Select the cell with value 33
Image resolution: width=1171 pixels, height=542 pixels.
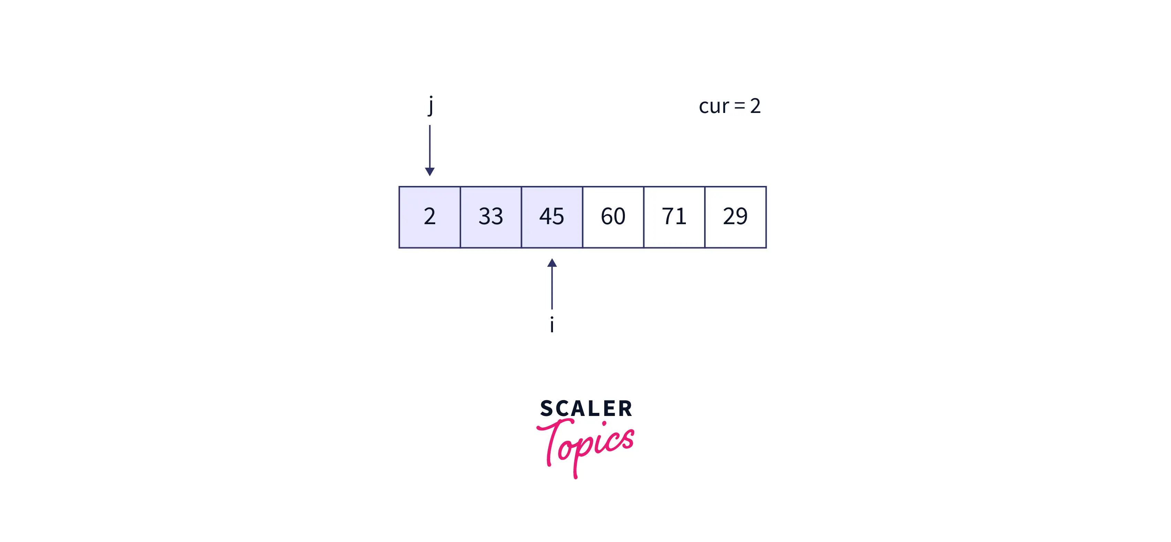click(x=491, y=217)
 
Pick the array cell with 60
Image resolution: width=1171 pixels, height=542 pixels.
click(x=613, y=217)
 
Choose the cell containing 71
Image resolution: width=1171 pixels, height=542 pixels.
click(x=674, y=217)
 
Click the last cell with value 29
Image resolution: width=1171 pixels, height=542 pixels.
click(x=735, y=217)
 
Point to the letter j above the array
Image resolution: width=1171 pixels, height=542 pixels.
click(x=430, y=105)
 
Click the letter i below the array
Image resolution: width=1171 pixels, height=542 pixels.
click(x=552, y=325)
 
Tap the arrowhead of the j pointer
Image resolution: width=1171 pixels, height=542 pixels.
click(x=430, y=171)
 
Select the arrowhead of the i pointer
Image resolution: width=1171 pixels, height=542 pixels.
click(x=552, y=263)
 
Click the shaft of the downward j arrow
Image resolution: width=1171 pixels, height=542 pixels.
click(x=430, y=146)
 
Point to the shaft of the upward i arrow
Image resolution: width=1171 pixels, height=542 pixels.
click(x=552, y=288)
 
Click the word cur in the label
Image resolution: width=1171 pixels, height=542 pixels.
click(x=714, y=106)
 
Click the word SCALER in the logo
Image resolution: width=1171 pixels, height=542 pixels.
click(x=586, y=408)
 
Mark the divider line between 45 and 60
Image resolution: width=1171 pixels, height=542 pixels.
click(x=582, y=217)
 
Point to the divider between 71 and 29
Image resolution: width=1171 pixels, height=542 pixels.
click(x=704, y=217)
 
